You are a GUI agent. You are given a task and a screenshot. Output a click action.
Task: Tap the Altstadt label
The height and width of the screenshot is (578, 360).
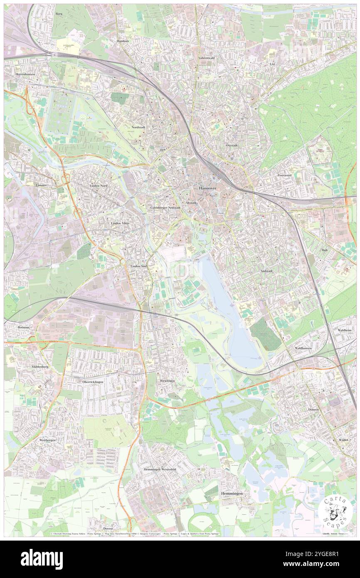(x=191, y=203)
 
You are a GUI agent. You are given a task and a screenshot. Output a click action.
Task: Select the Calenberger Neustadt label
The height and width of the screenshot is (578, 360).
(x=165, y=207)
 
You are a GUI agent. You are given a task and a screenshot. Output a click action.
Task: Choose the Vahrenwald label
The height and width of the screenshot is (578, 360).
(x=206, y=58)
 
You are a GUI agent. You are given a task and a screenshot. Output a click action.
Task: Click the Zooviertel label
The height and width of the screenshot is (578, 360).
(x=286, y=175)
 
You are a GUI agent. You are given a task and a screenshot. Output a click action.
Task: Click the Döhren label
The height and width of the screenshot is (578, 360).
(x=313, y=409)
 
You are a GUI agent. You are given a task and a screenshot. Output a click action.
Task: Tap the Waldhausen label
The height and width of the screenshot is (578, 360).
(x=303, y=347)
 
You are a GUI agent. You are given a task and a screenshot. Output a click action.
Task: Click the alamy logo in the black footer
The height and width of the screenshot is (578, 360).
(x=42, y=559)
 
